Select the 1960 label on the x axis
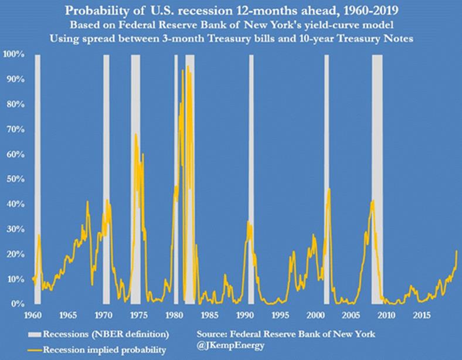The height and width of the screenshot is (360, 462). (33, 315)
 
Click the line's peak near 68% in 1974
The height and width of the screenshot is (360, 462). (136, 134)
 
